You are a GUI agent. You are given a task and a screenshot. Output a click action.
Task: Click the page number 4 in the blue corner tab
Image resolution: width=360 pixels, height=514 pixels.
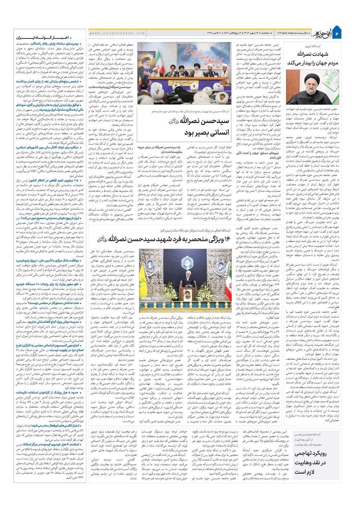pos(337,33)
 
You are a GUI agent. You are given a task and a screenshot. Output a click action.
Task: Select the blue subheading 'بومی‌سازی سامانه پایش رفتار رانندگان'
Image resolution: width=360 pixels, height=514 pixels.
pos(50,44)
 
